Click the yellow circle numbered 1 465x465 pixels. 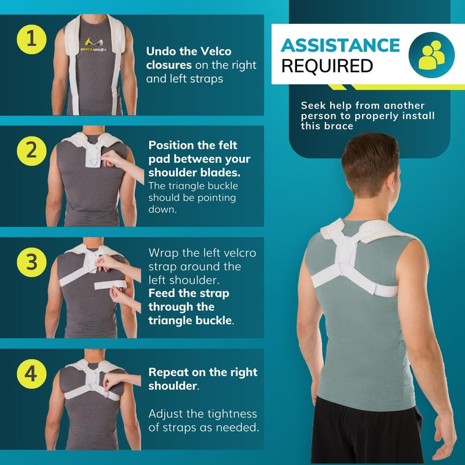[31, 40]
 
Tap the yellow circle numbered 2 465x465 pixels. [31, 151]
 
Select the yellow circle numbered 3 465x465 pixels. [31, 263]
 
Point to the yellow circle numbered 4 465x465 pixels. [31, 374]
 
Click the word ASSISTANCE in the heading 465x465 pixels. [340, 45]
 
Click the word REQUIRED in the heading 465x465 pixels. [327, 66]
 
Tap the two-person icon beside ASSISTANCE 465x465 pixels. [431, 55]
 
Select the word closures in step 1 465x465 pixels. [169, 65]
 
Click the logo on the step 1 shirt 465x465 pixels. [94, 45]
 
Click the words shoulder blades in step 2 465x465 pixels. [194, 173]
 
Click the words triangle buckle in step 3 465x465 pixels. [190, 321]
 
